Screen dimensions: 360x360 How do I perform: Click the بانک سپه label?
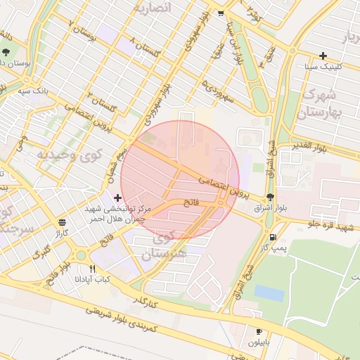coord(34,91)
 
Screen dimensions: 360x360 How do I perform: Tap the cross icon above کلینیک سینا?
coord(323,56)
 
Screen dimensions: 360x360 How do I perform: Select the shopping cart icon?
coord(221,13)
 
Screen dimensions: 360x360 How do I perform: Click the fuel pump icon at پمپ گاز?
coord(273,237)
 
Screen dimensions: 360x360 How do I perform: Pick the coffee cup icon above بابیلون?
coord(259,331)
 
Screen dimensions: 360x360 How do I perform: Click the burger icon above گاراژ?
coord(63,221)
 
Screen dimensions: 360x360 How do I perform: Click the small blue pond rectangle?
coord(269,292)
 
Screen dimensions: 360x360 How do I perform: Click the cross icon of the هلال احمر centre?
coord(117,198)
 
